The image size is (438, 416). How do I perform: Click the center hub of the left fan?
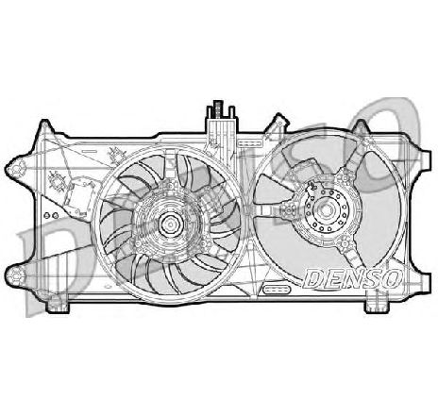[171, 224]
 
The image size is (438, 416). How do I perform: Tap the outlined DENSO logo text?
[353, 278]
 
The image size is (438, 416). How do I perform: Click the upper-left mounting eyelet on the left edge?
[16, 169]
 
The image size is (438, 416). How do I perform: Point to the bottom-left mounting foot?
[58, 305]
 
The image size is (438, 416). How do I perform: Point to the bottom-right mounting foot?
[376, 305]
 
